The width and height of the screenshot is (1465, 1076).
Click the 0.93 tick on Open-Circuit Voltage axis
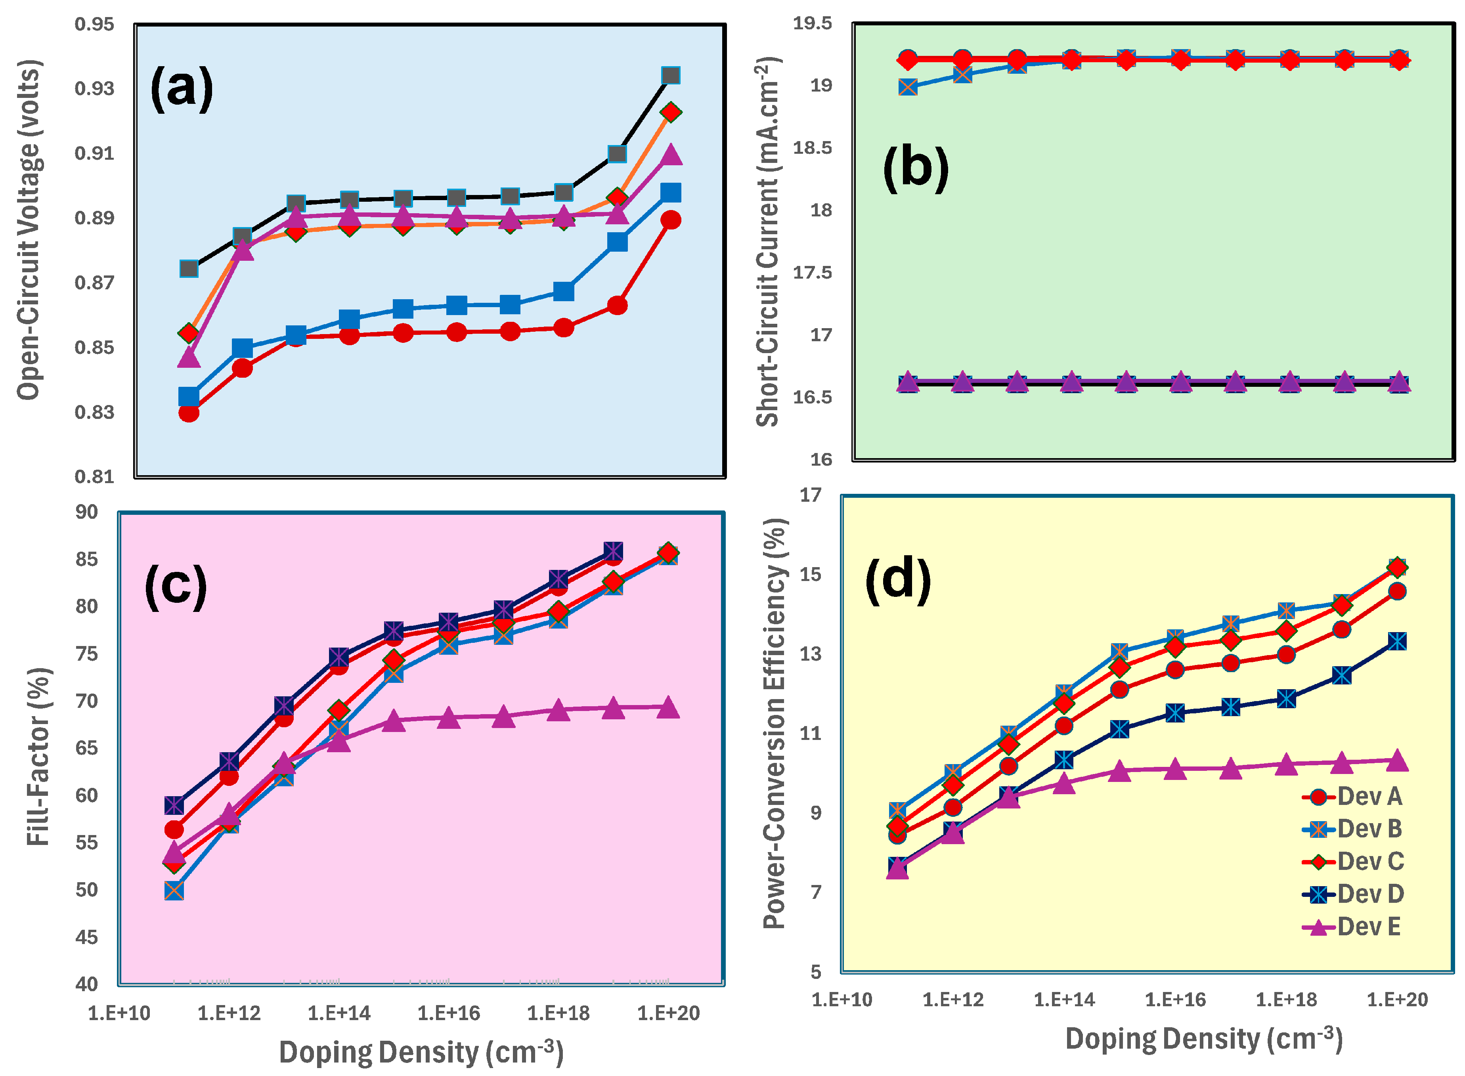[x=94, y=88]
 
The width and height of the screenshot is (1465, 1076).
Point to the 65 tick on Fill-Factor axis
[x=87, y=748]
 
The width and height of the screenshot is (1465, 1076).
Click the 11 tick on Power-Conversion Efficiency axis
[x=811, y=734]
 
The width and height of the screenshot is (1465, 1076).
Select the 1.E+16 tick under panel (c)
[x=448, y=1013]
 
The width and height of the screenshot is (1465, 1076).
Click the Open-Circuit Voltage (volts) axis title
[x=29, y=229]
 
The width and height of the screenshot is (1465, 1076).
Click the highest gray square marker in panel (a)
[x=670, y=76]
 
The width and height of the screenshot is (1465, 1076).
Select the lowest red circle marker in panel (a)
[x=189, y=412]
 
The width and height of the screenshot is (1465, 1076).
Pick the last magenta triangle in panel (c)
[x=668, y=708]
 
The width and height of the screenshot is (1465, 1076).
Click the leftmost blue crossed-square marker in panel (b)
[x=907, y=87]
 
